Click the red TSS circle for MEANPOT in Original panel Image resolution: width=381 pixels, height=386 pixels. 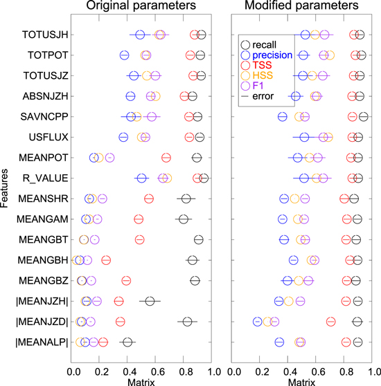[x=166, y=158]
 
